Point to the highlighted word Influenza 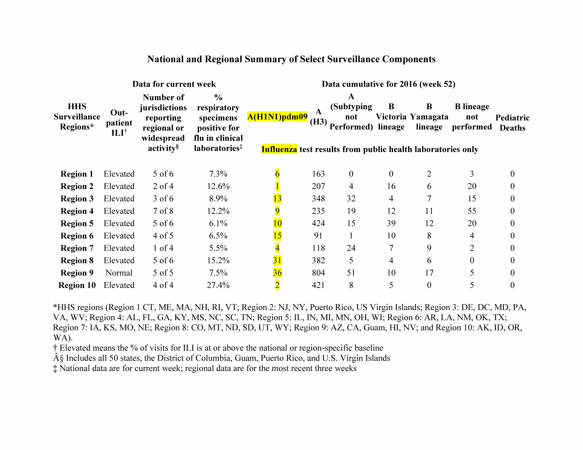coord(279,149)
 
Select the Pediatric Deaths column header coord(512,123)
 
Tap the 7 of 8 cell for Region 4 coord(163,211)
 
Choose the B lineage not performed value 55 coord(472,211)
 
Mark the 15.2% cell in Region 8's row coord(218,260)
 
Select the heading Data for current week coord(174,84)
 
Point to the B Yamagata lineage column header coord(429,117)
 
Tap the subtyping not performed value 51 coord(351,273)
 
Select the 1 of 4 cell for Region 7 coord(163,248)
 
